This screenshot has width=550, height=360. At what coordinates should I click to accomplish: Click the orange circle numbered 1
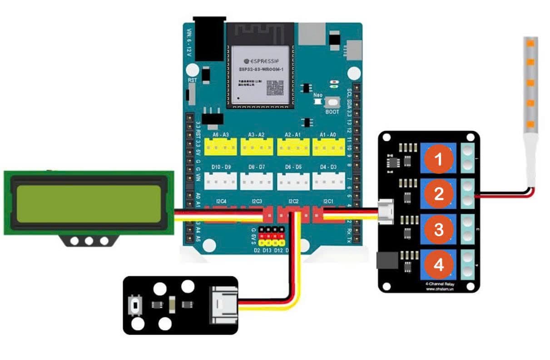(x=439, y=159)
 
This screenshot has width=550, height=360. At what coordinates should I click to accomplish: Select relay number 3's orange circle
(x=439, y=229)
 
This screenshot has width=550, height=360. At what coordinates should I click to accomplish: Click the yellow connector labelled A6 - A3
(x=220, y=147)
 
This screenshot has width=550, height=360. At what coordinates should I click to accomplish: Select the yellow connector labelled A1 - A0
(x=328, y=147)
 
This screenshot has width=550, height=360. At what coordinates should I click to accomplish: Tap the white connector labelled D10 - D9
(x=220, y=181)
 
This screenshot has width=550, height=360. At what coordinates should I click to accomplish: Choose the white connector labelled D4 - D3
(x=328, y=181)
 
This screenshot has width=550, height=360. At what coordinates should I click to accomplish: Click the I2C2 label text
(x=293, y=201)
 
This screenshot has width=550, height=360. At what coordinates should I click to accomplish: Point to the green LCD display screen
(x=89, y=203)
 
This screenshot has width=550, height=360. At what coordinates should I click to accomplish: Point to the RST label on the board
(x=192, y=79)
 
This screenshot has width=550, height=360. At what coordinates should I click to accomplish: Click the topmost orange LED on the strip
(x=530, y=44)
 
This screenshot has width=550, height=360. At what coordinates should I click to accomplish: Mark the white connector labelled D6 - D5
(x=293, y=181)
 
